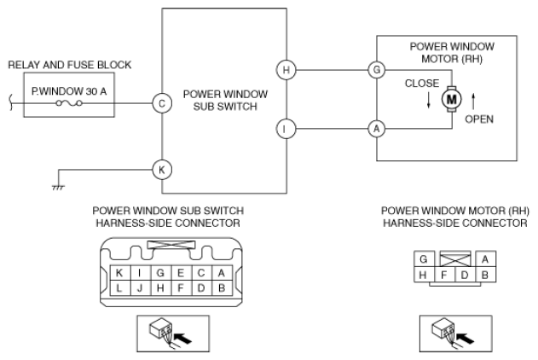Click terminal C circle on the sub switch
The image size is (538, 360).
coord(162,103)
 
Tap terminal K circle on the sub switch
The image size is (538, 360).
coord(162,170)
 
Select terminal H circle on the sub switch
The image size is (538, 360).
coord(286,70)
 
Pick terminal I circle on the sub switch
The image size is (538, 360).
coord(286,129)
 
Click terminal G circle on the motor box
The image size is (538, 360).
coord(377,70)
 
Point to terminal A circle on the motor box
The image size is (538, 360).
coord(377,129)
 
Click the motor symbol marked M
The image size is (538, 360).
coord(451,99)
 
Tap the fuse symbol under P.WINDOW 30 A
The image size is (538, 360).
coord(69,103)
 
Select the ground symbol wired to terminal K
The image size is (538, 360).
coord(58,188)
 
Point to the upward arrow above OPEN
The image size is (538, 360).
coord(473,102)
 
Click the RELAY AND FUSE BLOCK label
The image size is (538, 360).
coord(70,65)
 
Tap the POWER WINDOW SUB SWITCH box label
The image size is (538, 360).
coord(225,100)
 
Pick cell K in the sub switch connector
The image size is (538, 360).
coord(119,273)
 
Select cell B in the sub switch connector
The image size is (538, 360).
coord(222,288)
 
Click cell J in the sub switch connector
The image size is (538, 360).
coord(140,288)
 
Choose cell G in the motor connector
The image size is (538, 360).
coord(424,259)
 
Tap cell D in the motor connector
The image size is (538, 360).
coord(465,275)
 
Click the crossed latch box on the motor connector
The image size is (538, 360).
coord(455,258)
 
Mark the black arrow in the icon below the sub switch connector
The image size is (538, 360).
coord(182,339)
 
